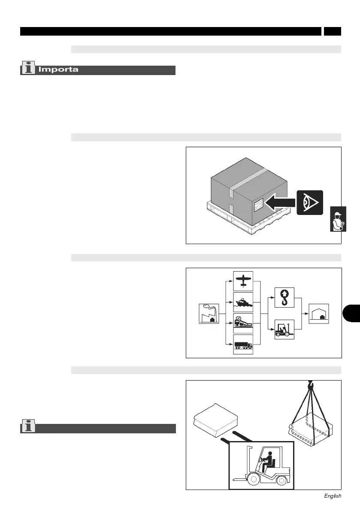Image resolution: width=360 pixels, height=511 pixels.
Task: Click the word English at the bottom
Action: click(333, 496)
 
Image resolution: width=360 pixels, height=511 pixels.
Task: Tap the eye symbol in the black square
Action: click(309, 203)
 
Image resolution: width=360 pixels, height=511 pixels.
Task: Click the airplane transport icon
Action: click(243, 281)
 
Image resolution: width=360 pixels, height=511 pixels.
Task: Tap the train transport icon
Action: click(243, 323)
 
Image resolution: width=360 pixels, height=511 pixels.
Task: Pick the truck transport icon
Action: click(243, 344)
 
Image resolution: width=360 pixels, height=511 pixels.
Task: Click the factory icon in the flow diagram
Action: click(209, 313)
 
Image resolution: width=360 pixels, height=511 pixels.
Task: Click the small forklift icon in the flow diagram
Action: click(284, 330)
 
